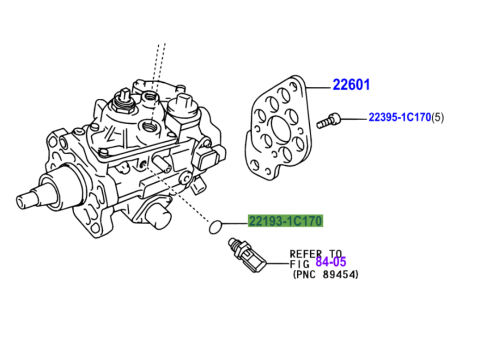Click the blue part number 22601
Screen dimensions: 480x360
pyautogui.click(x=351, y=85)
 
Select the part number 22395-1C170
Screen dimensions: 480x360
pyautogui.click(x=400, y=117)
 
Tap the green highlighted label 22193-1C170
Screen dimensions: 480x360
pyautogui.click(x=286, y=221)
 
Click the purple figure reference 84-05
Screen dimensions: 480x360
pyautogui.click(x=331, y=262)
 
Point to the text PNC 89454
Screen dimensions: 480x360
pyautogui.click(x=326, y=275)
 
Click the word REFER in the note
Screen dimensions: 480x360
pyautogui.click(x=306, y=254)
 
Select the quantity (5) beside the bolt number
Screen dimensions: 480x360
pyautogui.click(x=438, y=117)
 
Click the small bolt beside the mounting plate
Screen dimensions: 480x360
pyautogui.click(x=328, y=121)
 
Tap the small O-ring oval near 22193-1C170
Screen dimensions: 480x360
pyautogui.click(x=214, y=227)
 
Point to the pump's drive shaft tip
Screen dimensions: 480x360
pyautogui.click(x=25, y=201)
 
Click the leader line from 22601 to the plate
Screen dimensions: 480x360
pyautogui.click(x=319, y=88)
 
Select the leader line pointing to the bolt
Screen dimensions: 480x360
pyautogui.click(x=354, y=118)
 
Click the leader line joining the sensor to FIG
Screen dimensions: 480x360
pyautogui.click(x=278, y=264)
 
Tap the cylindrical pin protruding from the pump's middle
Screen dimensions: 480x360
pyautogui.click(x=162, y=162)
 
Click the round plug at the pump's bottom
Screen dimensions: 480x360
pyautogui.click(x=158, y=215)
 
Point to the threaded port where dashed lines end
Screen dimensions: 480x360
pyautogui.click(x=149, y=126)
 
